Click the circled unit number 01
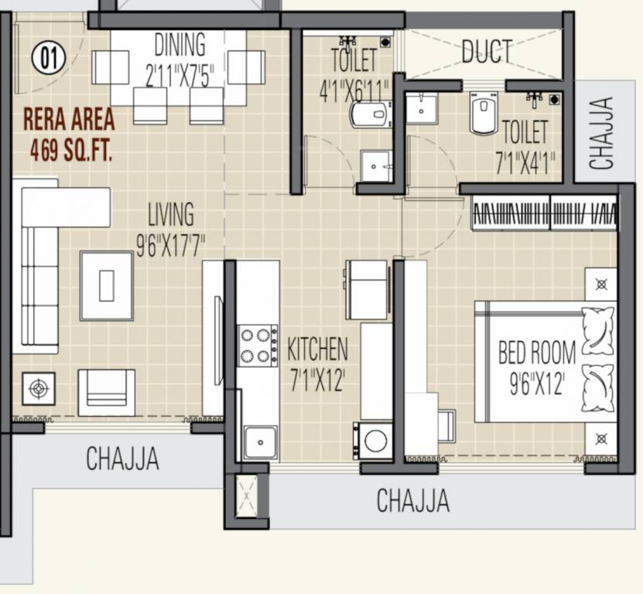(49, 58)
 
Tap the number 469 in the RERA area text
(44, 150)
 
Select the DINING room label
(180, 44)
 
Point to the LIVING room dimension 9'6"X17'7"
(171, 248)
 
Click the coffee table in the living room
(107, 286)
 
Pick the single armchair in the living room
(106, 392)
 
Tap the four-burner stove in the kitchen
(258, 346)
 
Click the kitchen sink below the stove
(259, 442)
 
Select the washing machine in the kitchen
(374, 441)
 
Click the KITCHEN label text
(317, 350)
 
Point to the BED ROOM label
(536, 354)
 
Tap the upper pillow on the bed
(597, 329)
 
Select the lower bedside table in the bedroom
(600, 439)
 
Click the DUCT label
(487, 52)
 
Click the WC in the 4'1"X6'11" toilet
(371, 114)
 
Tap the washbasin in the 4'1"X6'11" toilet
(377, 166)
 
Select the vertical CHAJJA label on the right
(601, 132)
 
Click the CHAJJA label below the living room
(122, 459)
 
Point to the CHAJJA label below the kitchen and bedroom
(412, 501)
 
